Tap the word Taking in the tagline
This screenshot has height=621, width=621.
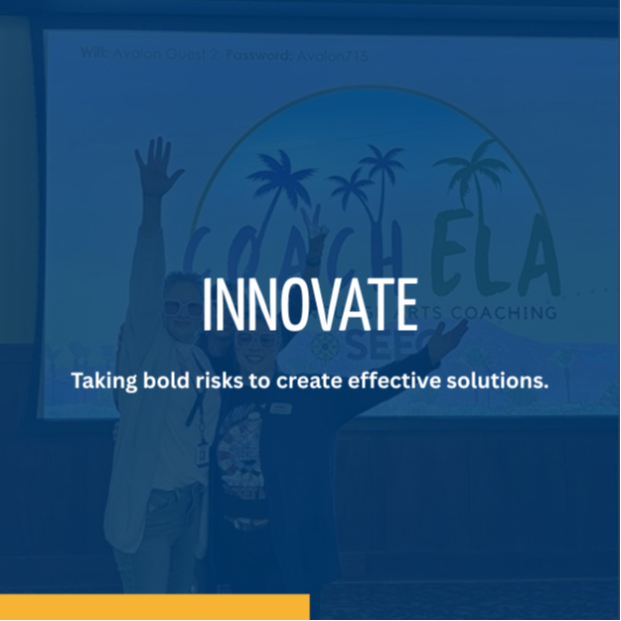[x=102, y=380]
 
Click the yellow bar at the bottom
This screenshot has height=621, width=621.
[x=154, y=607]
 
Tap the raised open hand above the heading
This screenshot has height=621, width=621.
[x=157, y=166]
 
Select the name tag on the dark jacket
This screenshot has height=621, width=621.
[x=280, y=407]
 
